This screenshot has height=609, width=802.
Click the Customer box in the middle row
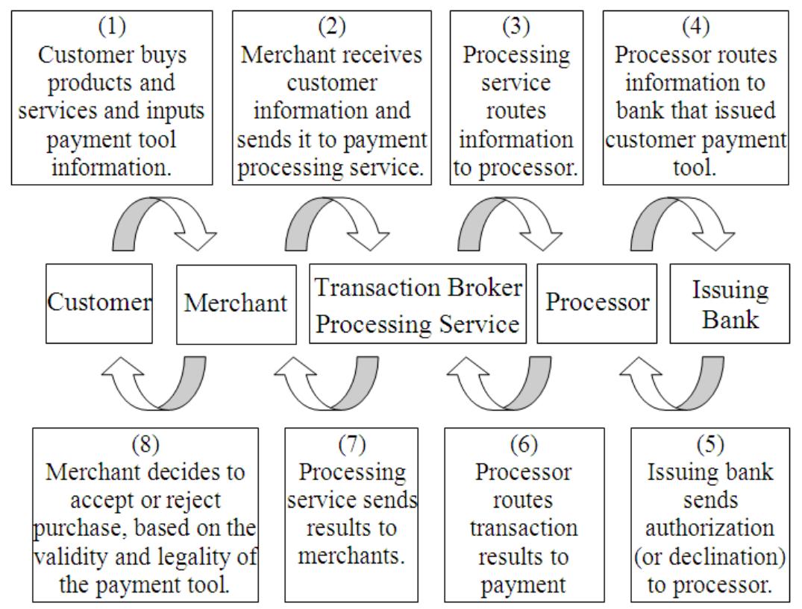[x=98, y=303]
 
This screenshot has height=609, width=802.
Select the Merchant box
[x=236, y=303]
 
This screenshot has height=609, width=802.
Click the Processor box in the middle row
[x=597, y=303]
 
